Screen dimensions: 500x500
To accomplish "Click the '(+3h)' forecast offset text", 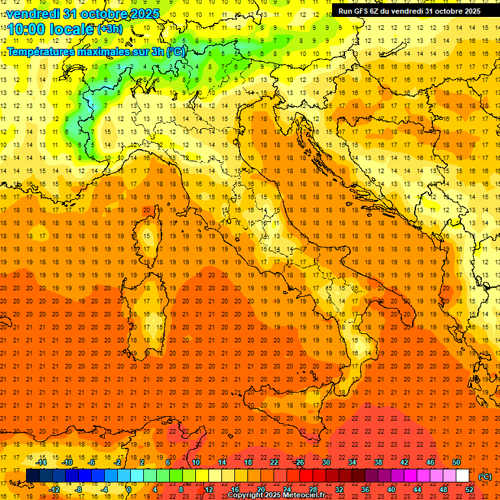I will [109, 29].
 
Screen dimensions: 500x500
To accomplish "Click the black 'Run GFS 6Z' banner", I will [409, 10].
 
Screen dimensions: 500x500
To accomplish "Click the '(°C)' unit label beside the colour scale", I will [485, 477].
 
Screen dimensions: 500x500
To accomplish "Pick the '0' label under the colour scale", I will [128, 490].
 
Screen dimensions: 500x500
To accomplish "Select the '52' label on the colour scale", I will [469, 490].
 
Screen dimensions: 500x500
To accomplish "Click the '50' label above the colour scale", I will [456, 462].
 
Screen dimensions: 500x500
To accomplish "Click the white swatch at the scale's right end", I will [462, 476].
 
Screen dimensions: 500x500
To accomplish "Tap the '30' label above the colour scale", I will [326, 462].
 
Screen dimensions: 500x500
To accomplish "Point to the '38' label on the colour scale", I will [378, 462].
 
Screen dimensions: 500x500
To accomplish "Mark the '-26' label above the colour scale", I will [299, 462].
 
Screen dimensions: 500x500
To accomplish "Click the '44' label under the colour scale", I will [417, 490].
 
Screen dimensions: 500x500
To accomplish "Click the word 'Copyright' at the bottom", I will [246, 495].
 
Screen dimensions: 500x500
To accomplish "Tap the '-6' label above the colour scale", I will [92, 462].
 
